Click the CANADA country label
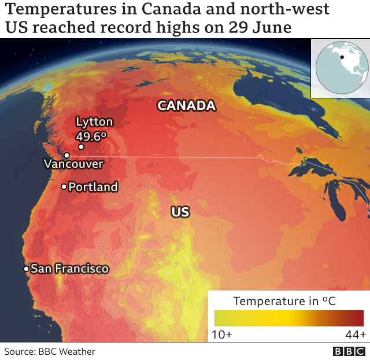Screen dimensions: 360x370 (187, 106)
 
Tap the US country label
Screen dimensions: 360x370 (180, 212)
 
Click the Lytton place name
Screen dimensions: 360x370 (94, 122)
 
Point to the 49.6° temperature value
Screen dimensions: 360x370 (92, 137)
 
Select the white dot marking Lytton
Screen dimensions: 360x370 (81, 147)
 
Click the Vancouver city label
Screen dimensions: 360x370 (73, 164)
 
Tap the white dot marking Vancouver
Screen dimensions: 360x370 (67, 155)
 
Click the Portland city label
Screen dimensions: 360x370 (93, 187)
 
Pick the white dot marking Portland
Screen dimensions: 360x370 (64, 187)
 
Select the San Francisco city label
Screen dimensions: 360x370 (69, 269)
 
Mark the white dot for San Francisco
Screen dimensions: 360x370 (27, 269)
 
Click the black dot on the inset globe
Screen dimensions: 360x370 (342, 57)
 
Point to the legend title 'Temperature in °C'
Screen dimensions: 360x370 (284, 301)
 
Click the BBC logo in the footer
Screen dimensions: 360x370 (349, 351)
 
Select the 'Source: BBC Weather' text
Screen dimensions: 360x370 (50, 351)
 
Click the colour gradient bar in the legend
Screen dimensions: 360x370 (288, 318)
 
